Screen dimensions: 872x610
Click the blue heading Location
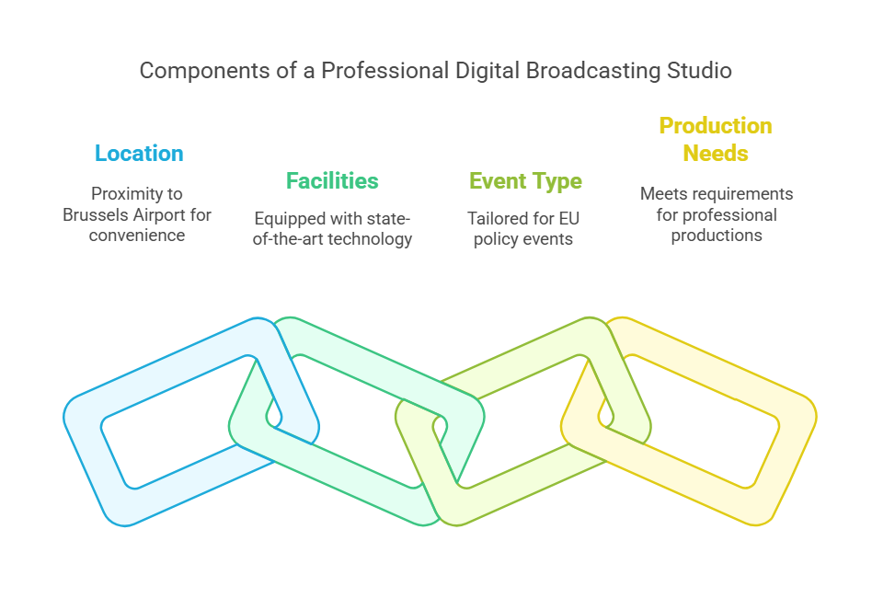click(139, 154)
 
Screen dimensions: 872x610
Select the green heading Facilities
click(332, 181)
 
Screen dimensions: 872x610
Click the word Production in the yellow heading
click(716, 126)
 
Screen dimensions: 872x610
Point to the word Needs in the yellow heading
click(716, 154)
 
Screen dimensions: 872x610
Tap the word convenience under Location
click(137, 236)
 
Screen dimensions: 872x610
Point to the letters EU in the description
click(569, 219)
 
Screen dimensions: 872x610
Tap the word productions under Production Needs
click(717, 236)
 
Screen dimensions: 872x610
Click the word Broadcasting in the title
click(592, 71)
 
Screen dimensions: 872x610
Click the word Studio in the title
click(699, 71)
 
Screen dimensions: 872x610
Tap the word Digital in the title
click(488, 71)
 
